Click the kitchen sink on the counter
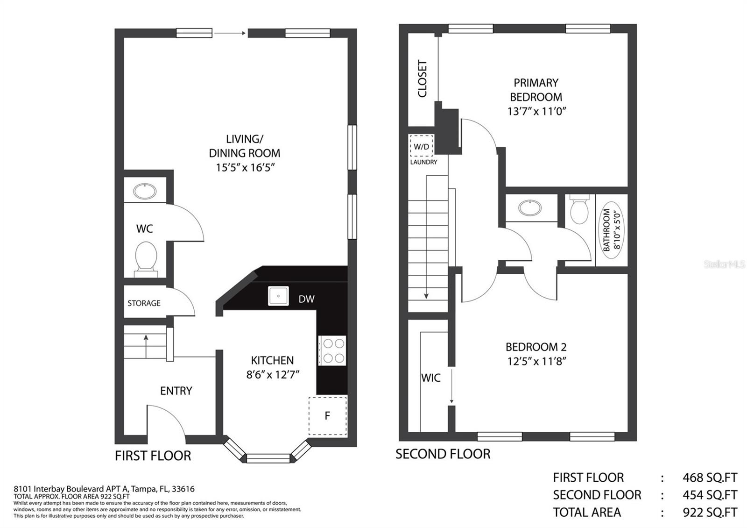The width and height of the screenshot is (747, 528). click(x=278, y=296)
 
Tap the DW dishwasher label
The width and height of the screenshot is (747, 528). click(x=306, y=299)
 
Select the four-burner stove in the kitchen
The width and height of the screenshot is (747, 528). click(x=332, y=350)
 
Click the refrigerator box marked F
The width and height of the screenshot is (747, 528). click(x=328, y=416)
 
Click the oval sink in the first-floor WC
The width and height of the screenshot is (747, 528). click(x=145, y=191)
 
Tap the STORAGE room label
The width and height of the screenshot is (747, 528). click(x=144, y=303)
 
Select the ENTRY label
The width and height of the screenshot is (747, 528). click(x=176, y=391)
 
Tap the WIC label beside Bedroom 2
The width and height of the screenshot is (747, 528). click(x=430, y=378)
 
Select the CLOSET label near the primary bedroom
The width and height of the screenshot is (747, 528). click(x=423, y=78)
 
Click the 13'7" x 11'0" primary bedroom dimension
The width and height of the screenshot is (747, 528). click(x=536, y=111)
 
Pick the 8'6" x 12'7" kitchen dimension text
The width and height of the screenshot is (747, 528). click(x=273, y=374)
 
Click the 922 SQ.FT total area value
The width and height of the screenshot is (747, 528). click(x=709, y=512)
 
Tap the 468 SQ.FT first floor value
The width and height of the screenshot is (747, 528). click(x=709, y=478)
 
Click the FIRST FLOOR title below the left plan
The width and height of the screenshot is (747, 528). click(x=153, y=456)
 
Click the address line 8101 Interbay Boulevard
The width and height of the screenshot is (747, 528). click(x=104, y=489)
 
